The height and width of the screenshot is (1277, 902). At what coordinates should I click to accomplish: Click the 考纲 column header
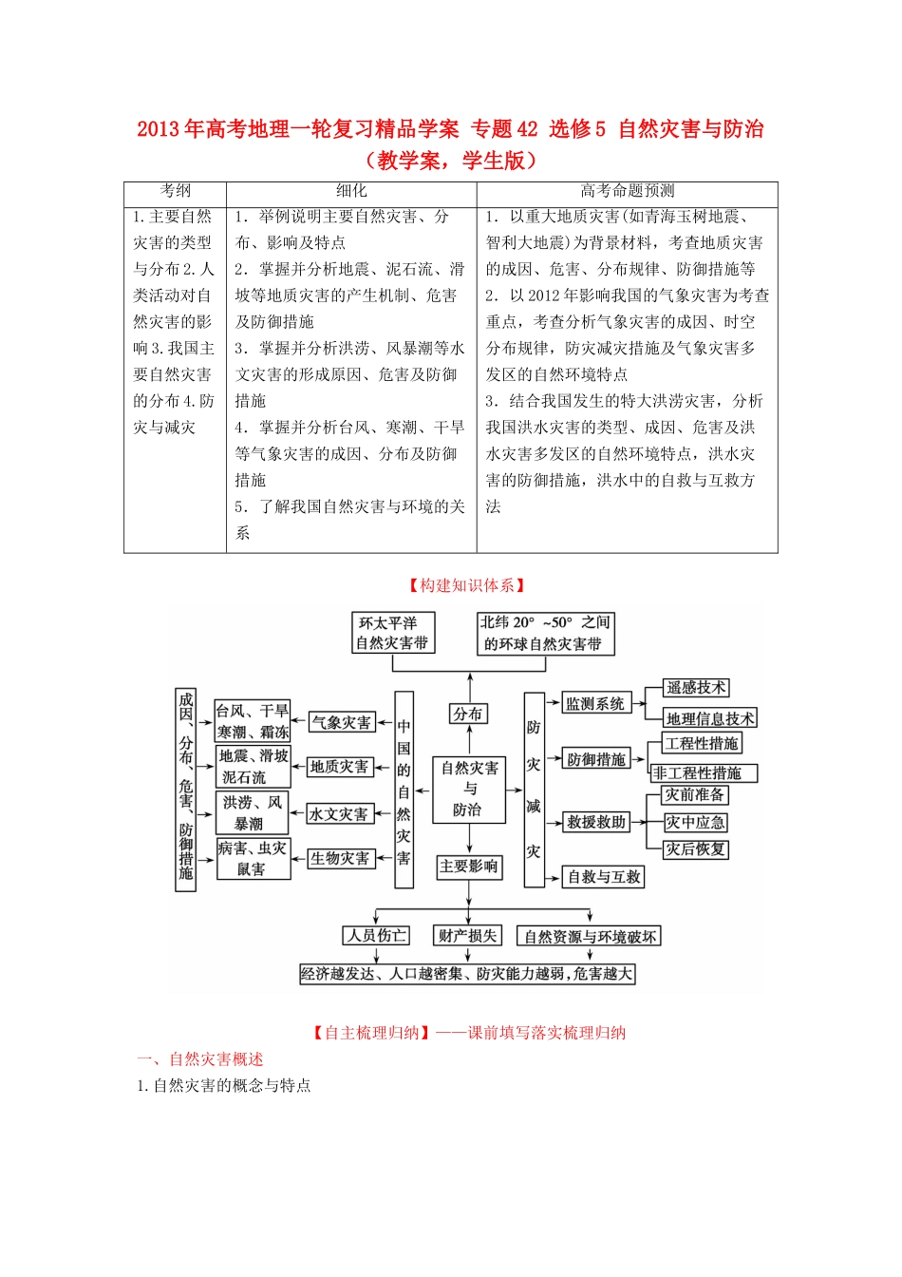(175, 191)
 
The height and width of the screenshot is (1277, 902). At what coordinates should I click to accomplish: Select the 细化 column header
(350, 191)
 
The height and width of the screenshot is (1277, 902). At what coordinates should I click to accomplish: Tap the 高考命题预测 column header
(627, 191)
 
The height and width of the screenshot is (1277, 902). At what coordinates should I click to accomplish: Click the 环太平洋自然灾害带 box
(392, 633)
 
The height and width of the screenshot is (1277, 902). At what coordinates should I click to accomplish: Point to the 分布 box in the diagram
(468, 714)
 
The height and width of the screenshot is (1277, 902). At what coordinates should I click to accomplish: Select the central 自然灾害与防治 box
(470, 788)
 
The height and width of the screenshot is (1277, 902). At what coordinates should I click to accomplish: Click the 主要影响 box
(469, 867)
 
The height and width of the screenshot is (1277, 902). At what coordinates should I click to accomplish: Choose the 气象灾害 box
(342, 722)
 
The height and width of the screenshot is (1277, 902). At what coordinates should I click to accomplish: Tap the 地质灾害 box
(339, 767)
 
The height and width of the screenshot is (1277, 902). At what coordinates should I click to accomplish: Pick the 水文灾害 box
(339, 814)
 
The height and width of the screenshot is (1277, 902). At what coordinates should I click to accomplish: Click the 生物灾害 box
(340, 859)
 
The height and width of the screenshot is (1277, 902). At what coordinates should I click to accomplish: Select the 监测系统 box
(595, 704)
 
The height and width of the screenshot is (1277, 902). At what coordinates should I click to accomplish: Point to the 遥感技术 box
(696, 687)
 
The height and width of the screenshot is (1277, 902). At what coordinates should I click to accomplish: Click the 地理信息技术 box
(709, 718)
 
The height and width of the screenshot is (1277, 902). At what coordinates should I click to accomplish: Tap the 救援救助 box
(596, 822)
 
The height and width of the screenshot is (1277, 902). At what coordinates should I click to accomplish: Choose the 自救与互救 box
(604, 877)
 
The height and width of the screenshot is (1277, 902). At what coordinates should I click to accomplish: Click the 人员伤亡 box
(377, 936)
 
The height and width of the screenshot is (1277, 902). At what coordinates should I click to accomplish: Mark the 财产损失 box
(467, 936)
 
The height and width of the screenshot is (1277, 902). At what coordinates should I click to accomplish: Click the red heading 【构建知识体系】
(466, 585)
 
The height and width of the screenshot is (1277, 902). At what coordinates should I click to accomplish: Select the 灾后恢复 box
(696, 848)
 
